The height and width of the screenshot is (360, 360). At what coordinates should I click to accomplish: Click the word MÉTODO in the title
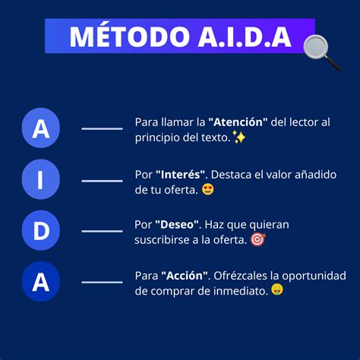coord(130,36)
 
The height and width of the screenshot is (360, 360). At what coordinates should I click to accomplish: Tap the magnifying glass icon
coord(322,52)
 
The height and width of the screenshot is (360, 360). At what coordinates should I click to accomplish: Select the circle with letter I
coord(40,179)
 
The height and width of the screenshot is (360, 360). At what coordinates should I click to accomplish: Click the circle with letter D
coord(40,230)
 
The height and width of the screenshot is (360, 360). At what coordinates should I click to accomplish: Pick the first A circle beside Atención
coord(40,128)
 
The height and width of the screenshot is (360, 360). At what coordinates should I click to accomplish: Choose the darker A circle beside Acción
coord(40,282)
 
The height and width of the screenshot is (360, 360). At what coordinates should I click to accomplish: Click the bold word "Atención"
coord(238,122)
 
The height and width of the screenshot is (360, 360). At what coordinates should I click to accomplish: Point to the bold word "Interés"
coord(180,175)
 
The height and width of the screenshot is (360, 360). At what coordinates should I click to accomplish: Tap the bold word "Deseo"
coord(177,225)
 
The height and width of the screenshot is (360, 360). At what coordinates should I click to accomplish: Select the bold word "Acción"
coord(185,276)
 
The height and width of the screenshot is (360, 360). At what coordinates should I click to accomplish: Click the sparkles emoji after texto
coord(238,137)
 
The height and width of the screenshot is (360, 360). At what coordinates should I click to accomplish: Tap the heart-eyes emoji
coord(208,189)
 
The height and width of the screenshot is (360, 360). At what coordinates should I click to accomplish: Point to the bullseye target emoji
coord(258,239)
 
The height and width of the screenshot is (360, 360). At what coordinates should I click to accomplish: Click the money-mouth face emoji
coord(277,289)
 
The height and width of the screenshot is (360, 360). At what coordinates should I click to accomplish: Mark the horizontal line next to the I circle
coord(102,181)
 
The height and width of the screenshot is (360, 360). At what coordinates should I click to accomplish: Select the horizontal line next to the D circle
coord(102,231)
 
